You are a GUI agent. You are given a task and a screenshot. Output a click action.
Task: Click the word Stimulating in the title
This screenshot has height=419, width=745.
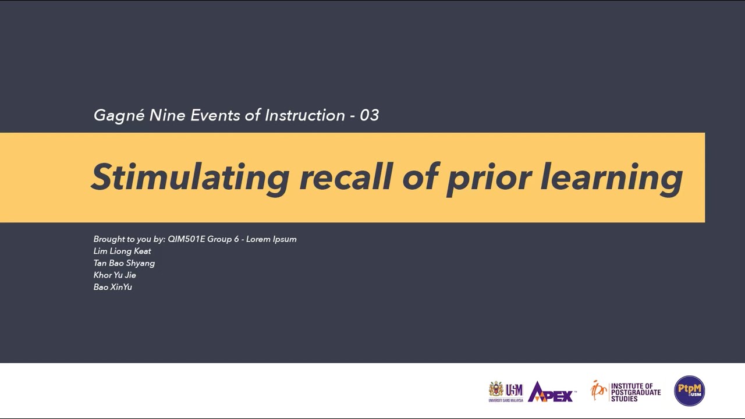(x=190, y=176)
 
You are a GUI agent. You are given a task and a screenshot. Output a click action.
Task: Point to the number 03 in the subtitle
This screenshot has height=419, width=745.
(x=370, y=115)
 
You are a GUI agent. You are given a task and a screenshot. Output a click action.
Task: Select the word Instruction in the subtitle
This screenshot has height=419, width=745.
(x=305, y=115)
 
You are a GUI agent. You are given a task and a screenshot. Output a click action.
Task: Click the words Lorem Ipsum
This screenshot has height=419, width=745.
(x=271, y=239)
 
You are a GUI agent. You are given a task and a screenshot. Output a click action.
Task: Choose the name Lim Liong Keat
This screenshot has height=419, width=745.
(x=122, y=251)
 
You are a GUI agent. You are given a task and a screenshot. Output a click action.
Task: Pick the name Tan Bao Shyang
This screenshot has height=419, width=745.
(x=124, y=263)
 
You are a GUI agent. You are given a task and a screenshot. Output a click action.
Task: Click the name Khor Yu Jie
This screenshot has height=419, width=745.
(x=115, y=275)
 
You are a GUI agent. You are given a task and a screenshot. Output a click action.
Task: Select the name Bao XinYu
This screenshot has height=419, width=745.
(x=113, y=287)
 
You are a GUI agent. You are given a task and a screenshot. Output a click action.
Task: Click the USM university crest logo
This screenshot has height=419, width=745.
(x=496, y=390)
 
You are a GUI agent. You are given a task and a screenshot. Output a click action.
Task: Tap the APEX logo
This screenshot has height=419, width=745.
(x=552, y=392)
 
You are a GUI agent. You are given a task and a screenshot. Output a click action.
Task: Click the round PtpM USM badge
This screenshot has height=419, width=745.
(x=689, y=390)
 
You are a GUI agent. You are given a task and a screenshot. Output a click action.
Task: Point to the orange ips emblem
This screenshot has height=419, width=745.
(x=598, y=390)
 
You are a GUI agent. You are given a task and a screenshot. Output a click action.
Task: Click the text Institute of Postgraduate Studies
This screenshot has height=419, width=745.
(x=636, y=392)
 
